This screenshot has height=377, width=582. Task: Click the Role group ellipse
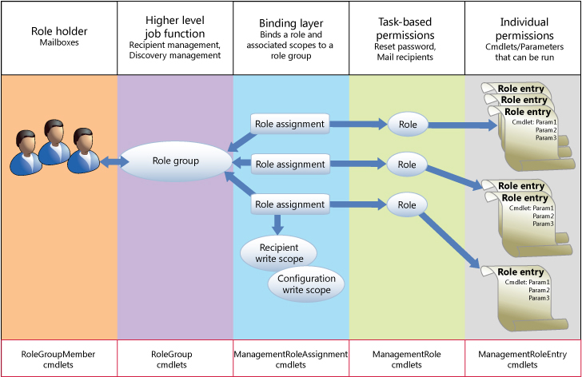175,161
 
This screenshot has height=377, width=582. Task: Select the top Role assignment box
289,124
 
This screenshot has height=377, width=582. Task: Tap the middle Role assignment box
289,165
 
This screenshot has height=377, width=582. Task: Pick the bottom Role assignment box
289,204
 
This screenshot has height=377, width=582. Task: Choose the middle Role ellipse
407,165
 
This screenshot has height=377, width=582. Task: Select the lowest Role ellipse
407,204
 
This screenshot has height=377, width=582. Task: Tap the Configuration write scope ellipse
306,284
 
